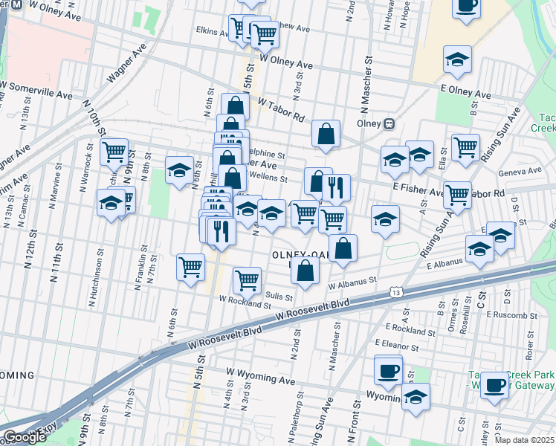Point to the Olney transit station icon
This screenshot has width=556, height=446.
(388, 123)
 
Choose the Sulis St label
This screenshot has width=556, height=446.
(275, 295)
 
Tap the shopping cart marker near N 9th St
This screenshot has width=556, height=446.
(114, 152)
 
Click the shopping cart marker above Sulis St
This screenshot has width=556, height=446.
(247, 280)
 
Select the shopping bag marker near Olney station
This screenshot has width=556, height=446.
(326, 134)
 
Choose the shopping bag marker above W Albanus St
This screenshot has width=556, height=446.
(306, 271)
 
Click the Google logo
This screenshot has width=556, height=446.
(25, 437)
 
